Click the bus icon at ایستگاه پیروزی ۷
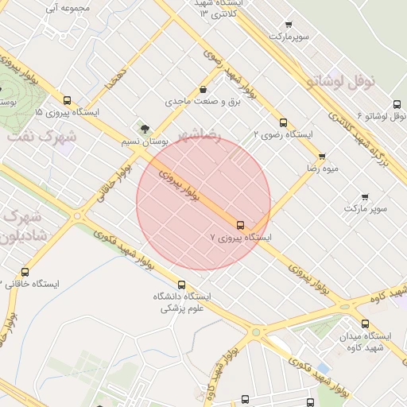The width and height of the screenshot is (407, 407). click(241, 225)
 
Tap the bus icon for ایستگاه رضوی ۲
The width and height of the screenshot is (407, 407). click(283, 122)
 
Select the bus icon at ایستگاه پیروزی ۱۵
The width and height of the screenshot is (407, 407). click(67, 101)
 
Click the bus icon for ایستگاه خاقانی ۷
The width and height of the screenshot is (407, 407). click(25, 273)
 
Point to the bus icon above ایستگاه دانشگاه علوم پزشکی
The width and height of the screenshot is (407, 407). click(181, 285)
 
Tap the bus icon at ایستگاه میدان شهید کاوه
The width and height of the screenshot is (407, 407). click(365, 324)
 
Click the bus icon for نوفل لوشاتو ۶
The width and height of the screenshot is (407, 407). click(397, 104)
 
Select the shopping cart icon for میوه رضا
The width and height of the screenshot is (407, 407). click(321, 157)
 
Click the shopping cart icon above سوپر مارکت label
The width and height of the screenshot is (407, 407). click(365, 196)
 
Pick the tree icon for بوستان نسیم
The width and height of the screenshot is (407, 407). click(144, 128)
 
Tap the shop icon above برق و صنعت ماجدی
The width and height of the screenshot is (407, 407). click(204, 90)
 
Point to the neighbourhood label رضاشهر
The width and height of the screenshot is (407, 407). click(198, 136)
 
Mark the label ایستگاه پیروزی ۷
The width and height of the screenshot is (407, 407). click(241, 237)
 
